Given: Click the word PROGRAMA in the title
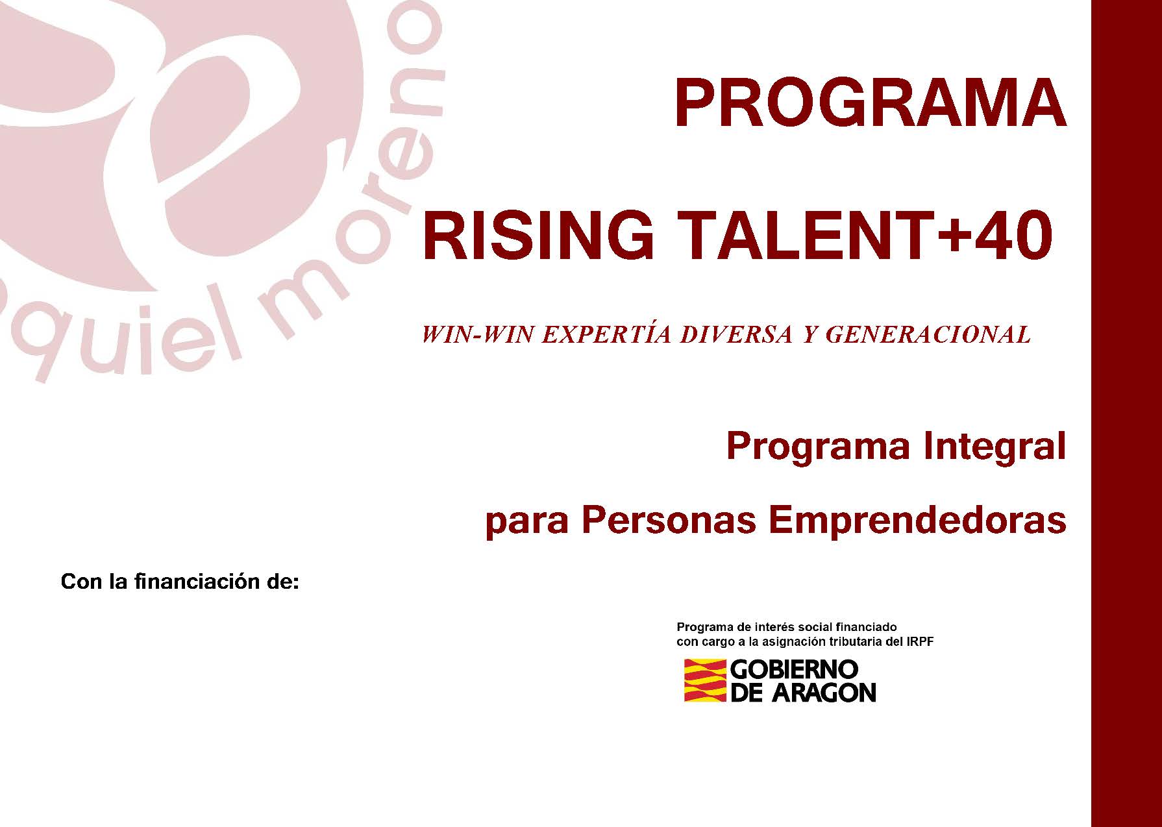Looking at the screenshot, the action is (871, 104).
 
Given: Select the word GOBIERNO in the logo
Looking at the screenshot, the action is (795, 669).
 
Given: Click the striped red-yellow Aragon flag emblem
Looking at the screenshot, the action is (705, 680).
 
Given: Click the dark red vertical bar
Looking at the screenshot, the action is (1126, 413).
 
